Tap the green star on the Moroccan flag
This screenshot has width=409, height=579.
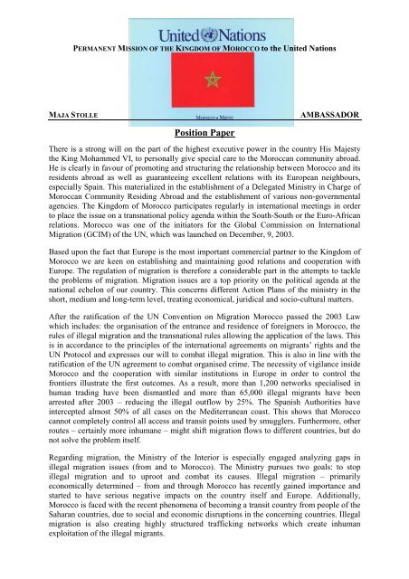[x=213, y=79]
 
